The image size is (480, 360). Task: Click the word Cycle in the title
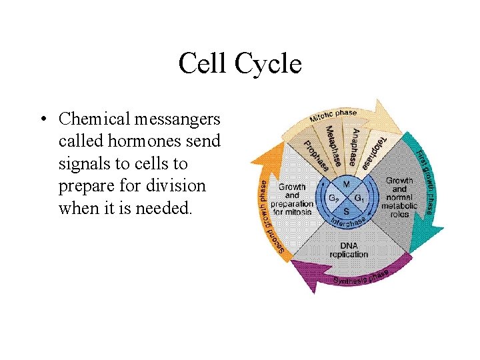pyautogui.click(x=269, y=64)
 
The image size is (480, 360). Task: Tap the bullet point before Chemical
pyautogui.click(x=42, y=119)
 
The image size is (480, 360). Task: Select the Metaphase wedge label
pyautogui.click(x=336, y=147)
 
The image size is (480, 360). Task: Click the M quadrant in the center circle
pyautogui.click(x=347, y=183)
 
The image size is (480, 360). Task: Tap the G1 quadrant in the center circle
pyautogui.click(x=360, y=198)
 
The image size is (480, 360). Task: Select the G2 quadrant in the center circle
pyautogui.click(x=333, y=198)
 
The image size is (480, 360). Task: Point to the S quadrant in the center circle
pyautogui.click(x=347, y=211)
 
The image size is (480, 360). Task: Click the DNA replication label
pyautogui.click(x=348, y=250)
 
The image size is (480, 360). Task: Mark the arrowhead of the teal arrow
pyautogui.click(x=433, y=233)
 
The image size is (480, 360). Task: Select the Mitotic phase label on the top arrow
pyautogui.click(x=332, y=117)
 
